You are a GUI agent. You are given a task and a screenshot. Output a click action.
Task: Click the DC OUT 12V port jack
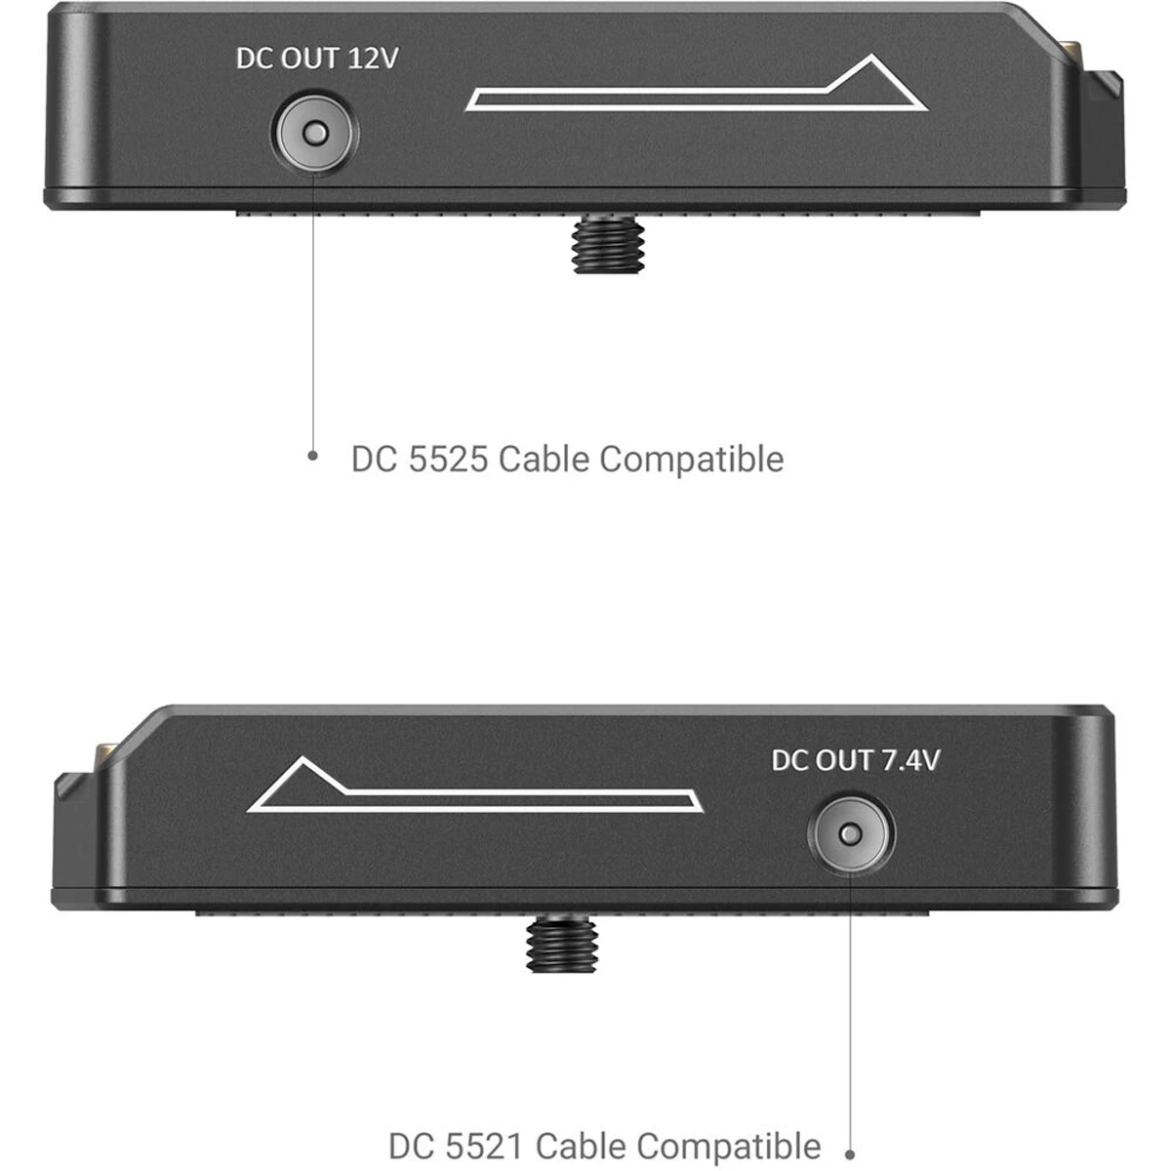(315, 133)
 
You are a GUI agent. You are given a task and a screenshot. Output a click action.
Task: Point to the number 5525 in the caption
(448, 459)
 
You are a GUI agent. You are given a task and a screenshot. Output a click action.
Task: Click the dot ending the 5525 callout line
(312, 455)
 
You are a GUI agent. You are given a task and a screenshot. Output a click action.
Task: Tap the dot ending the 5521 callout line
(850, 1154)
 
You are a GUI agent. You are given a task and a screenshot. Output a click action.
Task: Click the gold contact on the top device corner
(1070, 49)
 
